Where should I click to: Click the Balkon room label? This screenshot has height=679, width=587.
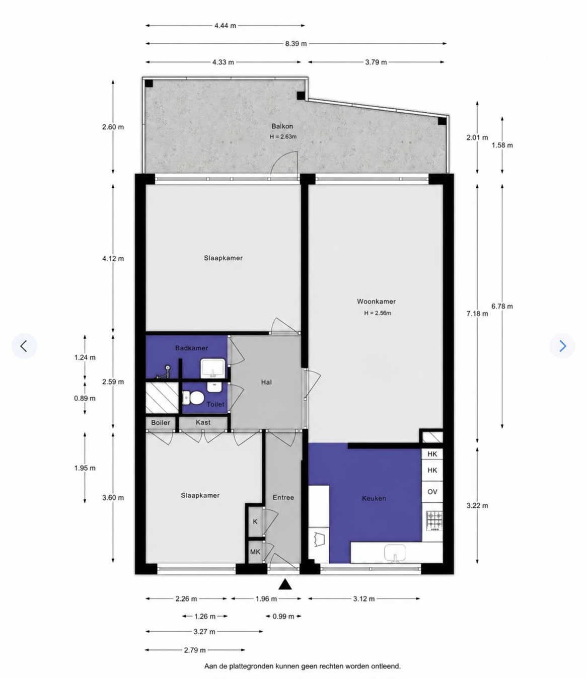coord(282,126)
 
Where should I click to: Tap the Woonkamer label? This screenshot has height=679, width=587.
coord(376,301)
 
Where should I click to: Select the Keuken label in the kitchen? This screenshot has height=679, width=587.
coord(374,498)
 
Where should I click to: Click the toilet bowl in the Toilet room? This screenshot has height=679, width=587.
coord(193,398)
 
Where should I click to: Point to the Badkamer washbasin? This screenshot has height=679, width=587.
coord(213,367)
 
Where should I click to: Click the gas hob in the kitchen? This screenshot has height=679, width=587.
coord(434,521)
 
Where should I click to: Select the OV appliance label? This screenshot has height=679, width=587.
coord(432,492)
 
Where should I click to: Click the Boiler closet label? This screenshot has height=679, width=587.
coord(161,423)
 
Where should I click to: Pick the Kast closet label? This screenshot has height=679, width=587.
coord(203,422)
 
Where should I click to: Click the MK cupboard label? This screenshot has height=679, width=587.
coord(255,552)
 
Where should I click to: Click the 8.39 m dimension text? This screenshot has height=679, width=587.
coord(296,44)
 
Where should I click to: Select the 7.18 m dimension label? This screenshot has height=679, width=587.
coord(477,314)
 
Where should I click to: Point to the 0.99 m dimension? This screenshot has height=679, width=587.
coord(283,616)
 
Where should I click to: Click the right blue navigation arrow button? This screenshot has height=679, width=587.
coord(562,346)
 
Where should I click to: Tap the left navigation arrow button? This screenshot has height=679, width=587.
coord(24,346)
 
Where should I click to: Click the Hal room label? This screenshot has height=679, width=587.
coord(266,382)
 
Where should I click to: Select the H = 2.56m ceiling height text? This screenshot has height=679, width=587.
coord(378,313)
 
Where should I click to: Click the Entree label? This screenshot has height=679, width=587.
coord(283,498)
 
